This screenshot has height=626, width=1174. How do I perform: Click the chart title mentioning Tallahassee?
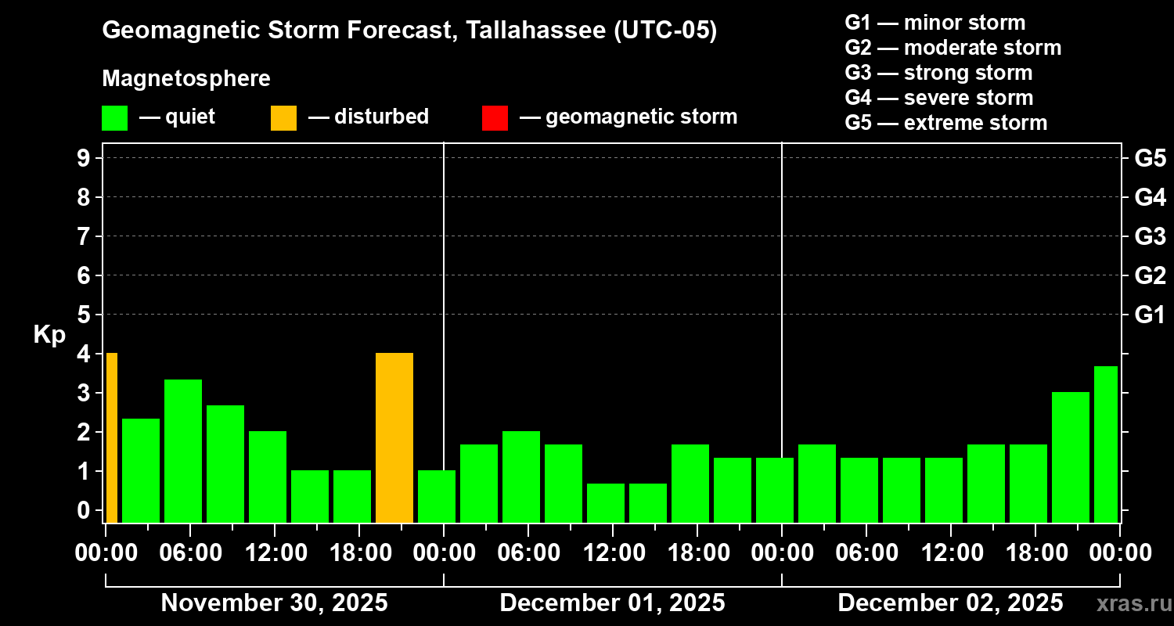(x=409, y=31)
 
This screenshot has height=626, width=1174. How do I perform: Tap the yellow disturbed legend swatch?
(x=283, y=117)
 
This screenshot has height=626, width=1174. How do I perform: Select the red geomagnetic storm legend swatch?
(x=495, y=117)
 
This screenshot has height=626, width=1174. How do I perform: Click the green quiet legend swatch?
(x=114, y=117)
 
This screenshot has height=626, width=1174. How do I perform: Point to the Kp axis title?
(x=49, y=335)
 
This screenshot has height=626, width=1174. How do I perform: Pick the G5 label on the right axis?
(x=1150, y=158)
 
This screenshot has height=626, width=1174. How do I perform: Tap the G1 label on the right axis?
(x=1150, y=315)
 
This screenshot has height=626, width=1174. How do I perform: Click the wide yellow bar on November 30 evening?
(x=394, y=437)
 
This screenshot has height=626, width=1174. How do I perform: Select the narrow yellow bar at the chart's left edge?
(x=112, y=437)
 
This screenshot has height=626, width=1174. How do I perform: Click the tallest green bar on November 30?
(x=183, y=451)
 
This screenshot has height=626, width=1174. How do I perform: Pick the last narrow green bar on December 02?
(x=1105, y=444)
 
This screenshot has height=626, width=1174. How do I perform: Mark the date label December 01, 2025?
(x=612, y=603)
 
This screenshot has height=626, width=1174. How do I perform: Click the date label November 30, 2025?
(x=274, y=603)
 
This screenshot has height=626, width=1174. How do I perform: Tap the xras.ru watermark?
(x=1128, y=603)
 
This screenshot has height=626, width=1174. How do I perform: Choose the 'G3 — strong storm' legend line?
(x=938, y=73)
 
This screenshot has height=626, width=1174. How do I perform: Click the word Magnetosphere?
(x=186, y=79)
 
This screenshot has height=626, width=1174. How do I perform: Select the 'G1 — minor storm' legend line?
(x=935, y=23)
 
